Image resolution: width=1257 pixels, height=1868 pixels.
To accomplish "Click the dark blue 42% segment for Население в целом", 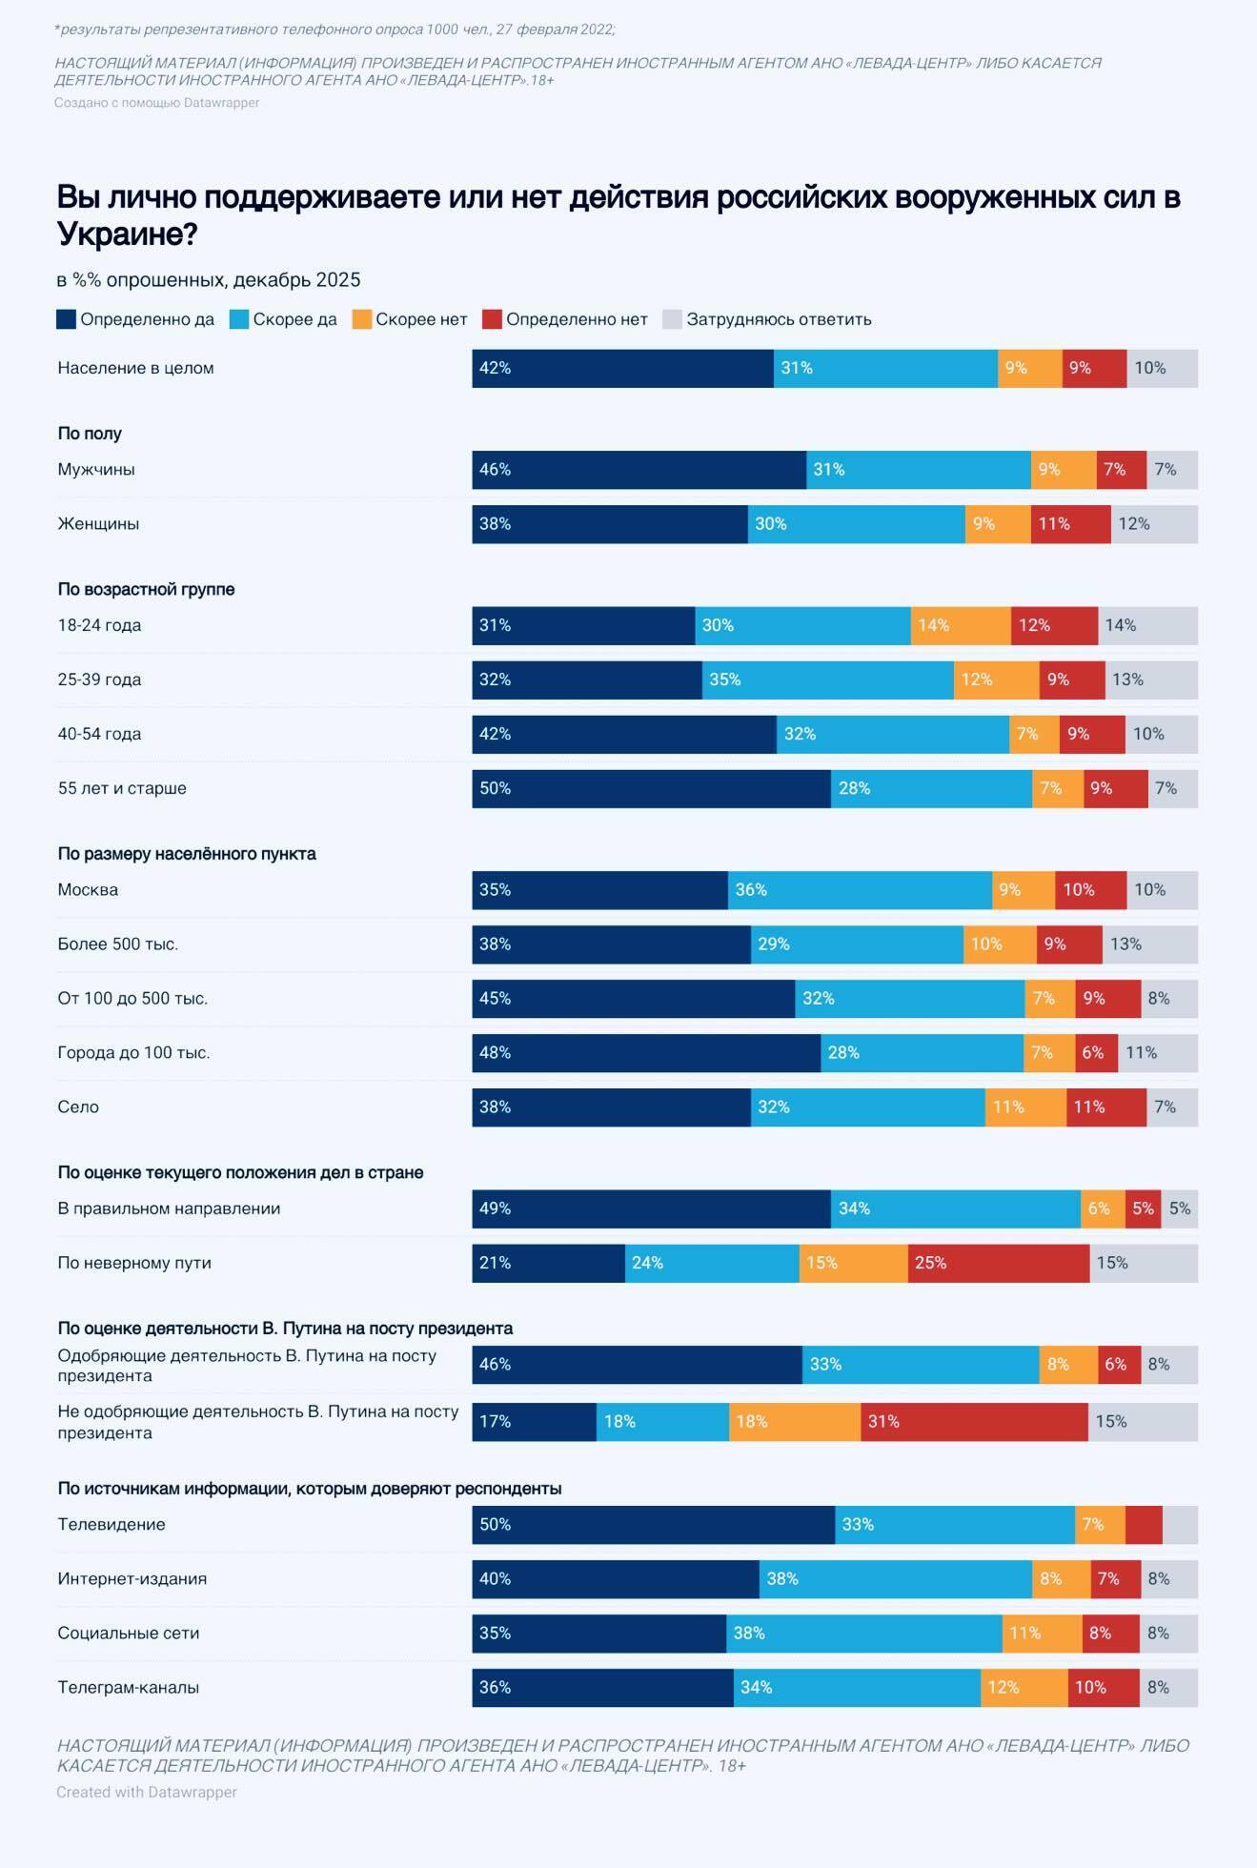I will [x=622, y=368].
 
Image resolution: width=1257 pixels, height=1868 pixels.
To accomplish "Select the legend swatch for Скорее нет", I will [x=362, y=319].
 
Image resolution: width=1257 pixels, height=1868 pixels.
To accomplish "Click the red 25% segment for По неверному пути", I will [x=998, y=1263].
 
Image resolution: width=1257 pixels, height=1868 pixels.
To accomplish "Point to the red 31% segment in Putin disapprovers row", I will [x=974, y=1421].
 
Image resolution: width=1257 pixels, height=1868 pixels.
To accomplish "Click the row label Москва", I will [x=88, y=889].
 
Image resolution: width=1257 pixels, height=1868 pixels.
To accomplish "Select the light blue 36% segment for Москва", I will [x=860, y=889].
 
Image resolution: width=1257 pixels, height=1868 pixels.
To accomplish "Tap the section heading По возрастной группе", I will [x=146, y=589].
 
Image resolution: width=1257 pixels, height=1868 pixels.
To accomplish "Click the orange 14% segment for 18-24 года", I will [x=960, y=625].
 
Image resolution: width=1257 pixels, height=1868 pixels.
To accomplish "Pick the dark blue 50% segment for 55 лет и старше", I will [x=651, y=788].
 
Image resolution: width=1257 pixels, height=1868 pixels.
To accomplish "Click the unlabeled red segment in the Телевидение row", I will [x=1144, y=1524].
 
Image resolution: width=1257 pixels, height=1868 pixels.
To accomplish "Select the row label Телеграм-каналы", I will [x=129, y=1687].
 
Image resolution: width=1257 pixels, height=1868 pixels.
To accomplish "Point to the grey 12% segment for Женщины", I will [x=1154, y=524].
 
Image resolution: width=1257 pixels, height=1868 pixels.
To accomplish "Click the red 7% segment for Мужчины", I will [x=1121, y=470].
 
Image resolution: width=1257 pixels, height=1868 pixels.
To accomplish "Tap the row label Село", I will [x=78, y=1107].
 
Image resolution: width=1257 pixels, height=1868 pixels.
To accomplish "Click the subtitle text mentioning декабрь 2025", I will [x=209, y=279].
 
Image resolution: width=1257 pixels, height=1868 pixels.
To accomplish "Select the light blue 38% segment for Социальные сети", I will [x=863, y=1633].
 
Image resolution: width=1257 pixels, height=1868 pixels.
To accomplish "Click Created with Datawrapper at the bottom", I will [x=147, y=1792].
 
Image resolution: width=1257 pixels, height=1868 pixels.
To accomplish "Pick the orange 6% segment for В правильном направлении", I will [x=1103, y=1208].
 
